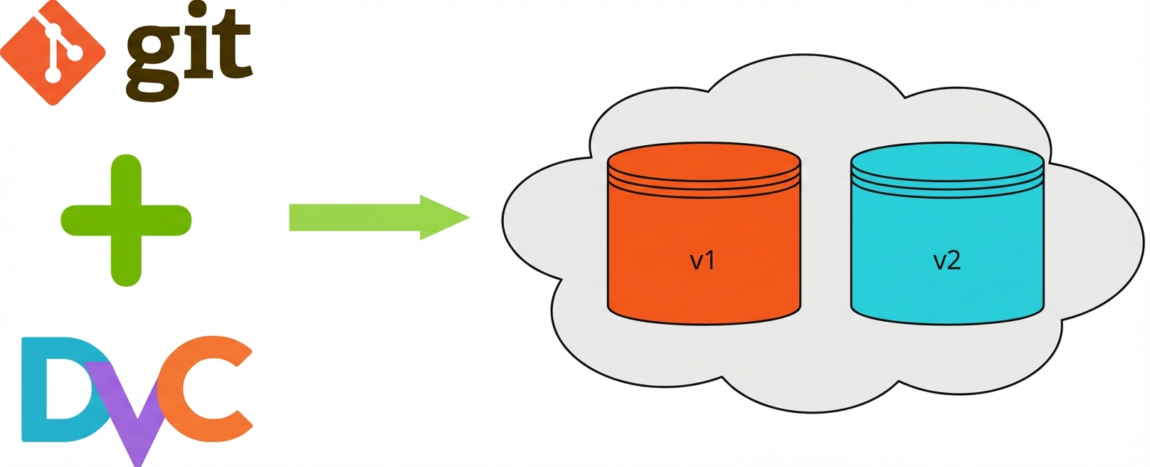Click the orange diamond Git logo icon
(x=53, y=53)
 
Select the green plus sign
(x=126, y=221)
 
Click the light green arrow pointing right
(x=379, y=217)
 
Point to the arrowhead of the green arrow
(x=445, y=217)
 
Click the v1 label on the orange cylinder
(x=702, y=261)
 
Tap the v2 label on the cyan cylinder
(x=946, y=261)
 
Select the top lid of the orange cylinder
(x=704, y=162)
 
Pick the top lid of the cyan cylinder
(x=947, y=162)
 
